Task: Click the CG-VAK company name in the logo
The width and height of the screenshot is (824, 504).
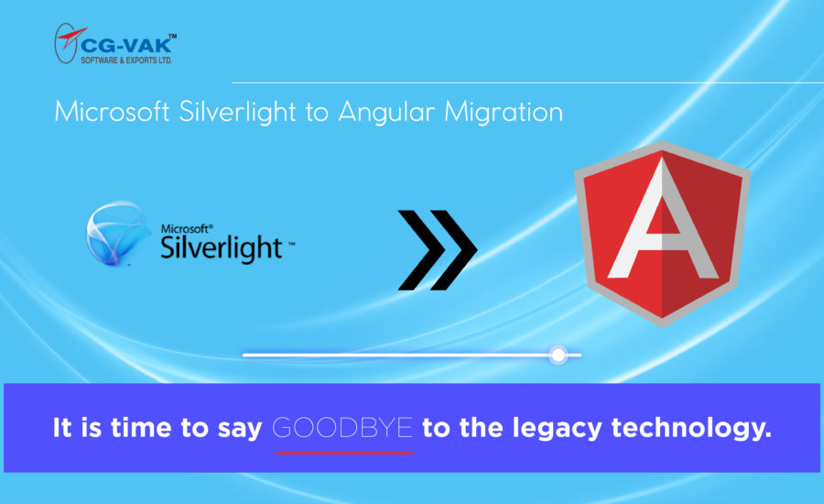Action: click(126, 45)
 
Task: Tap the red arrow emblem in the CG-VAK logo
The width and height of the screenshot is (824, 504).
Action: click(70, 38)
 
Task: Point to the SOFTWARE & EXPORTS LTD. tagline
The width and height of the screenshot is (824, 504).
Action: click(126, 60)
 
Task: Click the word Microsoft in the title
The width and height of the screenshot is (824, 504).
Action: click(112, 112)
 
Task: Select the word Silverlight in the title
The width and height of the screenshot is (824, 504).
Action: click(237, 112)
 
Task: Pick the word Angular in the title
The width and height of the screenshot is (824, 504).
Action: click(386, 113)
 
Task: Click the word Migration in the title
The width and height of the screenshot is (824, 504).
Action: click(504, 113)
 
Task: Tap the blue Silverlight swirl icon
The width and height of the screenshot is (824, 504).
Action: click(116, 233)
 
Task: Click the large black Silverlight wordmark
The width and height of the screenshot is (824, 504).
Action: click(222, 248)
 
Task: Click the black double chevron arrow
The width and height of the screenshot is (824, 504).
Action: click(438, 250)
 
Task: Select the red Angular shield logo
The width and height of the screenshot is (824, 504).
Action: click(662, 234)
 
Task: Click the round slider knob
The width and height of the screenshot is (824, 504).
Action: click(558, 356)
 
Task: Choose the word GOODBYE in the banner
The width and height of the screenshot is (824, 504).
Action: click(342, 428)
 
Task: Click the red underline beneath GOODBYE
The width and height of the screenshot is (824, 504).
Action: click(344, 453)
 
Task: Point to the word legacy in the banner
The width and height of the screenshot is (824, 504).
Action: click(557, 429)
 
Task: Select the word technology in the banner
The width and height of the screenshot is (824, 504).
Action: click(691, 429)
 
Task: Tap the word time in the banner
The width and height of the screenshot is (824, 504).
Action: click(141, 427)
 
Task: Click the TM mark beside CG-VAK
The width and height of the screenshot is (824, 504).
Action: click(172, 36)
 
